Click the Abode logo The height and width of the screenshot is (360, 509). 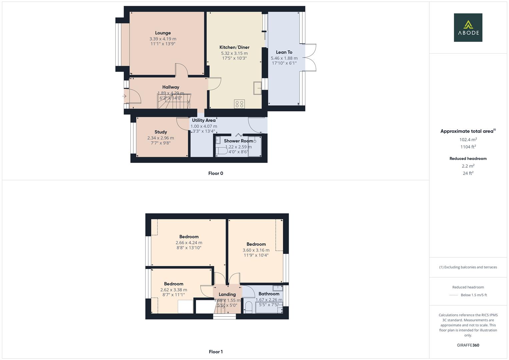pos(468,27)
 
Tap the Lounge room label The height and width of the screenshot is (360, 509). pos(163,33)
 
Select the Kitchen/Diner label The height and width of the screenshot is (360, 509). pos(234,47)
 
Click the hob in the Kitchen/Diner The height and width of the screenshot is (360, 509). pos(239,104)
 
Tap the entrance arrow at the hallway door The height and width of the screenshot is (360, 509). pos(124,96)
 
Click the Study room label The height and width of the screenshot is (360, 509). pos(161,132)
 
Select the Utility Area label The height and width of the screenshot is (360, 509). pos(204,120)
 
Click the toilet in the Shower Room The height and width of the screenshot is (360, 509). pos(221,151)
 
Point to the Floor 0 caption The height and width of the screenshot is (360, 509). pos(216,173)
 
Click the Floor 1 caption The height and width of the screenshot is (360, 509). pos(216,352)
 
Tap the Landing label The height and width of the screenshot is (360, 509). pos(227,294)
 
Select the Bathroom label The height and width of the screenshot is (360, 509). pos(269,294)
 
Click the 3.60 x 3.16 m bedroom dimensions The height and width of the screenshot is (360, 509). pos(256,250)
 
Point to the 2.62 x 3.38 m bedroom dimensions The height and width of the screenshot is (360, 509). pos(174,290)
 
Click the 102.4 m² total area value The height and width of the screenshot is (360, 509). pos(468,140)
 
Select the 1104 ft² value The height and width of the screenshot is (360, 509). pos(468,147)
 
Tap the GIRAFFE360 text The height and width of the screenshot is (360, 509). pos(468,345)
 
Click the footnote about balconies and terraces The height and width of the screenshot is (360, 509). pos(468,267)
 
